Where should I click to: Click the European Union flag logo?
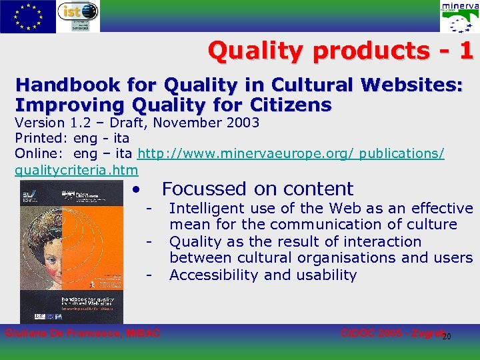[27, 16]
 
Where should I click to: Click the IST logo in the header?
[78, 16]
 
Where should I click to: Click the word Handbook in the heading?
[64, 86]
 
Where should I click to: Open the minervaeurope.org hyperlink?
[290, 153]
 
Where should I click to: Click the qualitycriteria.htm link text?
[67, 170]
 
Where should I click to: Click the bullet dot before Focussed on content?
[135, 189]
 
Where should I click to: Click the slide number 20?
[447, 336]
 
